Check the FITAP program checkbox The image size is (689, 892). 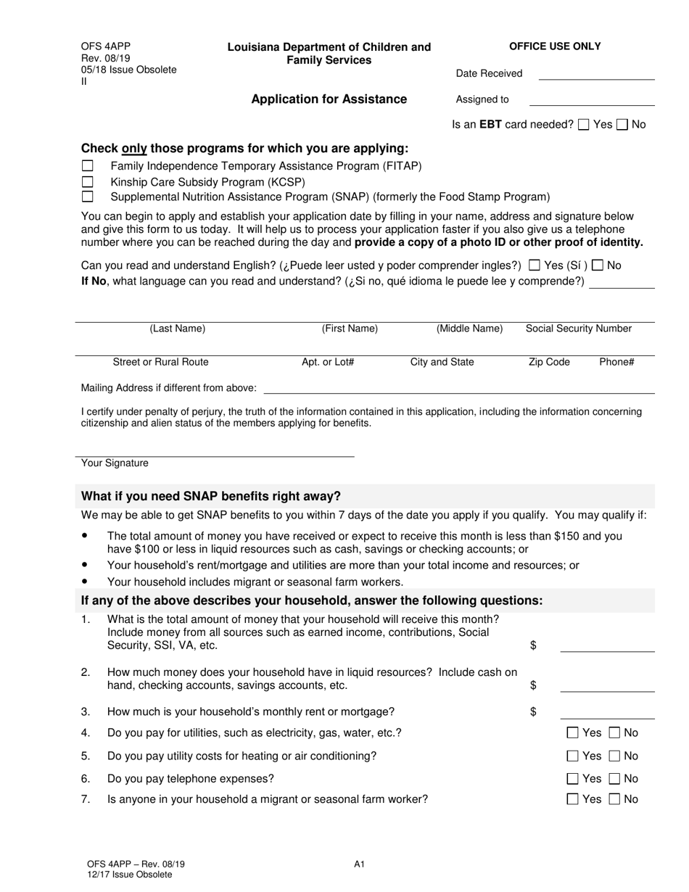pyautogui.click(x=88, y=166)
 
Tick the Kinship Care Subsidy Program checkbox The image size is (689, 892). pyautogui.click(x=88, y=181)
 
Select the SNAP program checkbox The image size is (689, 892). pyautogui.click(x=88, y=197)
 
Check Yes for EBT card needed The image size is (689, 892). pyautogui.click(x=584, y=125)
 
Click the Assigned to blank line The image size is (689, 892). pyautogui.click(x=592, y=103)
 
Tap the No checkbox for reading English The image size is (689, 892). pyautogui.click(x=598, y=265)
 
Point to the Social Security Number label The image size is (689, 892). pyautogui.click(x=579, y=329)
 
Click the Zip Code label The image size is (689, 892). pyautogui.click(x=549, y=362)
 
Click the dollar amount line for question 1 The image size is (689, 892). pyautogui.click(x=607, y=650)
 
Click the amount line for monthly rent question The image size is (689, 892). pyautogui.click(x=607, y=716)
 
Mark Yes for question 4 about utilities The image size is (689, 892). pyautogui.click(x=573, y=733)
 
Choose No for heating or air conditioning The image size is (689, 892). pyautogui.click(x=615, y=756)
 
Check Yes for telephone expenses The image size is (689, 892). pyautogui.click(x=573, y=779)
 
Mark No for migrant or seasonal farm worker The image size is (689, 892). pyautogui.click(x=615, y=800)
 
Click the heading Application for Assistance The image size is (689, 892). pyautogui.click(x=329, y=99)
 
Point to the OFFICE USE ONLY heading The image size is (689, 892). pyautogui.click(x=555, y=46)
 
